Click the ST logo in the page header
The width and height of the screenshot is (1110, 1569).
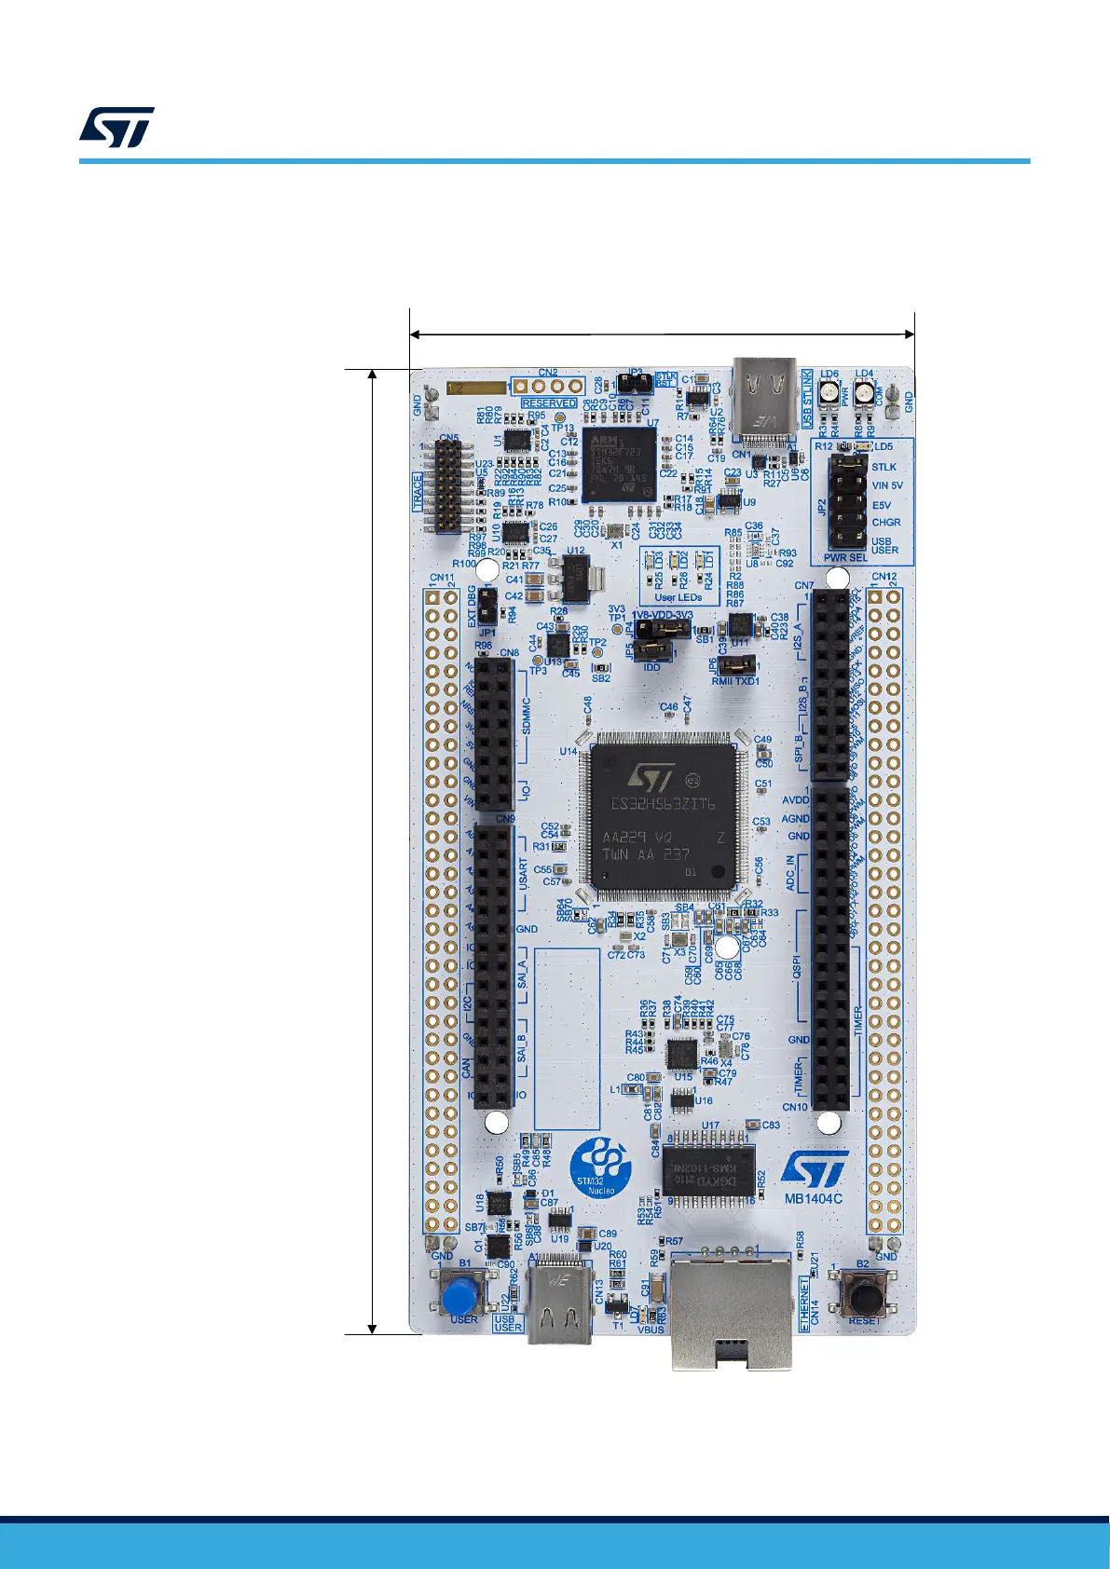point(116,128)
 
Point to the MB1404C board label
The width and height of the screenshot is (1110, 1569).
point(813,1198)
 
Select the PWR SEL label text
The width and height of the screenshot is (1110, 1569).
point(845,558)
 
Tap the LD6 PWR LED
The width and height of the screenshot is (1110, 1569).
point(828,395)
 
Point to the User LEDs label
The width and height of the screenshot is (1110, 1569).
point(678,597)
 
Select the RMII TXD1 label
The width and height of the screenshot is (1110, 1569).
point(735,681)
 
